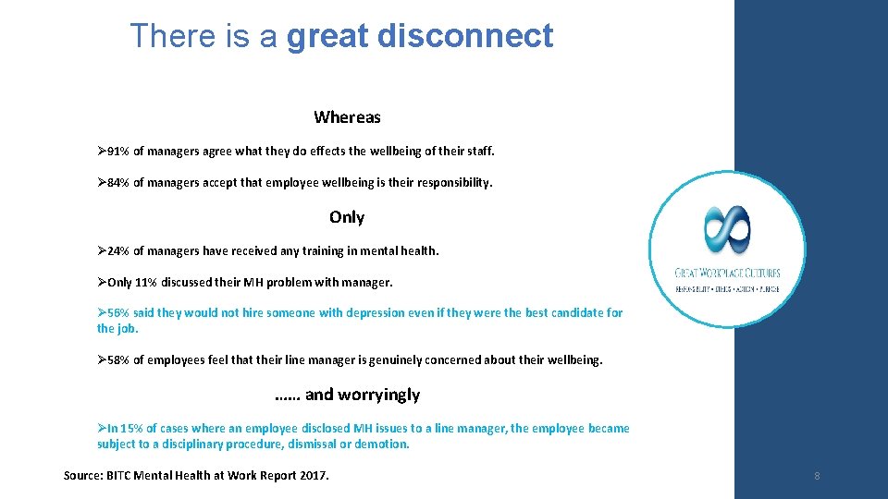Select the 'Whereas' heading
point(347,117)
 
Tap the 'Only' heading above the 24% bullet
point(347,217)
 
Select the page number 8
point(817,476)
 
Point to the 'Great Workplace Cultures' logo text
point(727,273)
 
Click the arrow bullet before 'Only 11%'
point(102,283)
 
